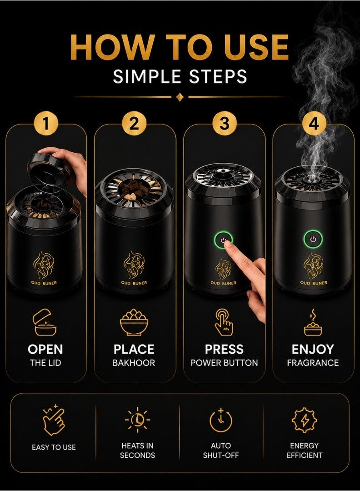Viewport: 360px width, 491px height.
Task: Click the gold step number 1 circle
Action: point(46,124)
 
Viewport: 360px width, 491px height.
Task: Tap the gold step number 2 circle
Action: point(134,124)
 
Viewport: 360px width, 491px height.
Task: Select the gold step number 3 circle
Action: point(224,124)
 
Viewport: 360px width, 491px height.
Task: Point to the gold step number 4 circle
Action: point(314,124)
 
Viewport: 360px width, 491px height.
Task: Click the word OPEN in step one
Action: point(45,349)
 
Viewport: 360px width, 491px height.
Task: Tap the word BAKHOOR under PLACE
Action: point(134,363)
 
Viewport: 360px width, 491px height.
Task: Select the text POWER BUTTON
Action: point(224,363)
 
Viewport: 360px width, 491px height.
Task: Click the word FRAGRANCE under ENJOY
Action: point(313,363)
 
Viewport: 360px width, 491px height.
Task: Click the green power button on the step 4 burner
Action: point(313,239)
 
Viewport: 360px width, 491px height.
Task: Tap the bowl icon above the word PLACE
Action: point(134,322)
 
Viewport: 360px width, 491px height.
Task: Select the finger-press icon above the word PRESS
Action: point(224,322)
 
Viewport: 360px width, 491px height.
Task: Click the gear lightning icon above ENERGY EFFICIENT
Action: point(304,420)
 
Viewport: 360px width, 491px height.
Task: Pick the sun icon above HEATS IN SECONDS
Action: point(137,420)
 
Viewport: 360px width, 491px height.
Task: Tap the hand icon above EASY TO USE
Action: point(54,420)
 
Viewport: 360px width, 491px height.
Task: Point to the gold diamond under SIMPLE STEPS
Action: point(180,97)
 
